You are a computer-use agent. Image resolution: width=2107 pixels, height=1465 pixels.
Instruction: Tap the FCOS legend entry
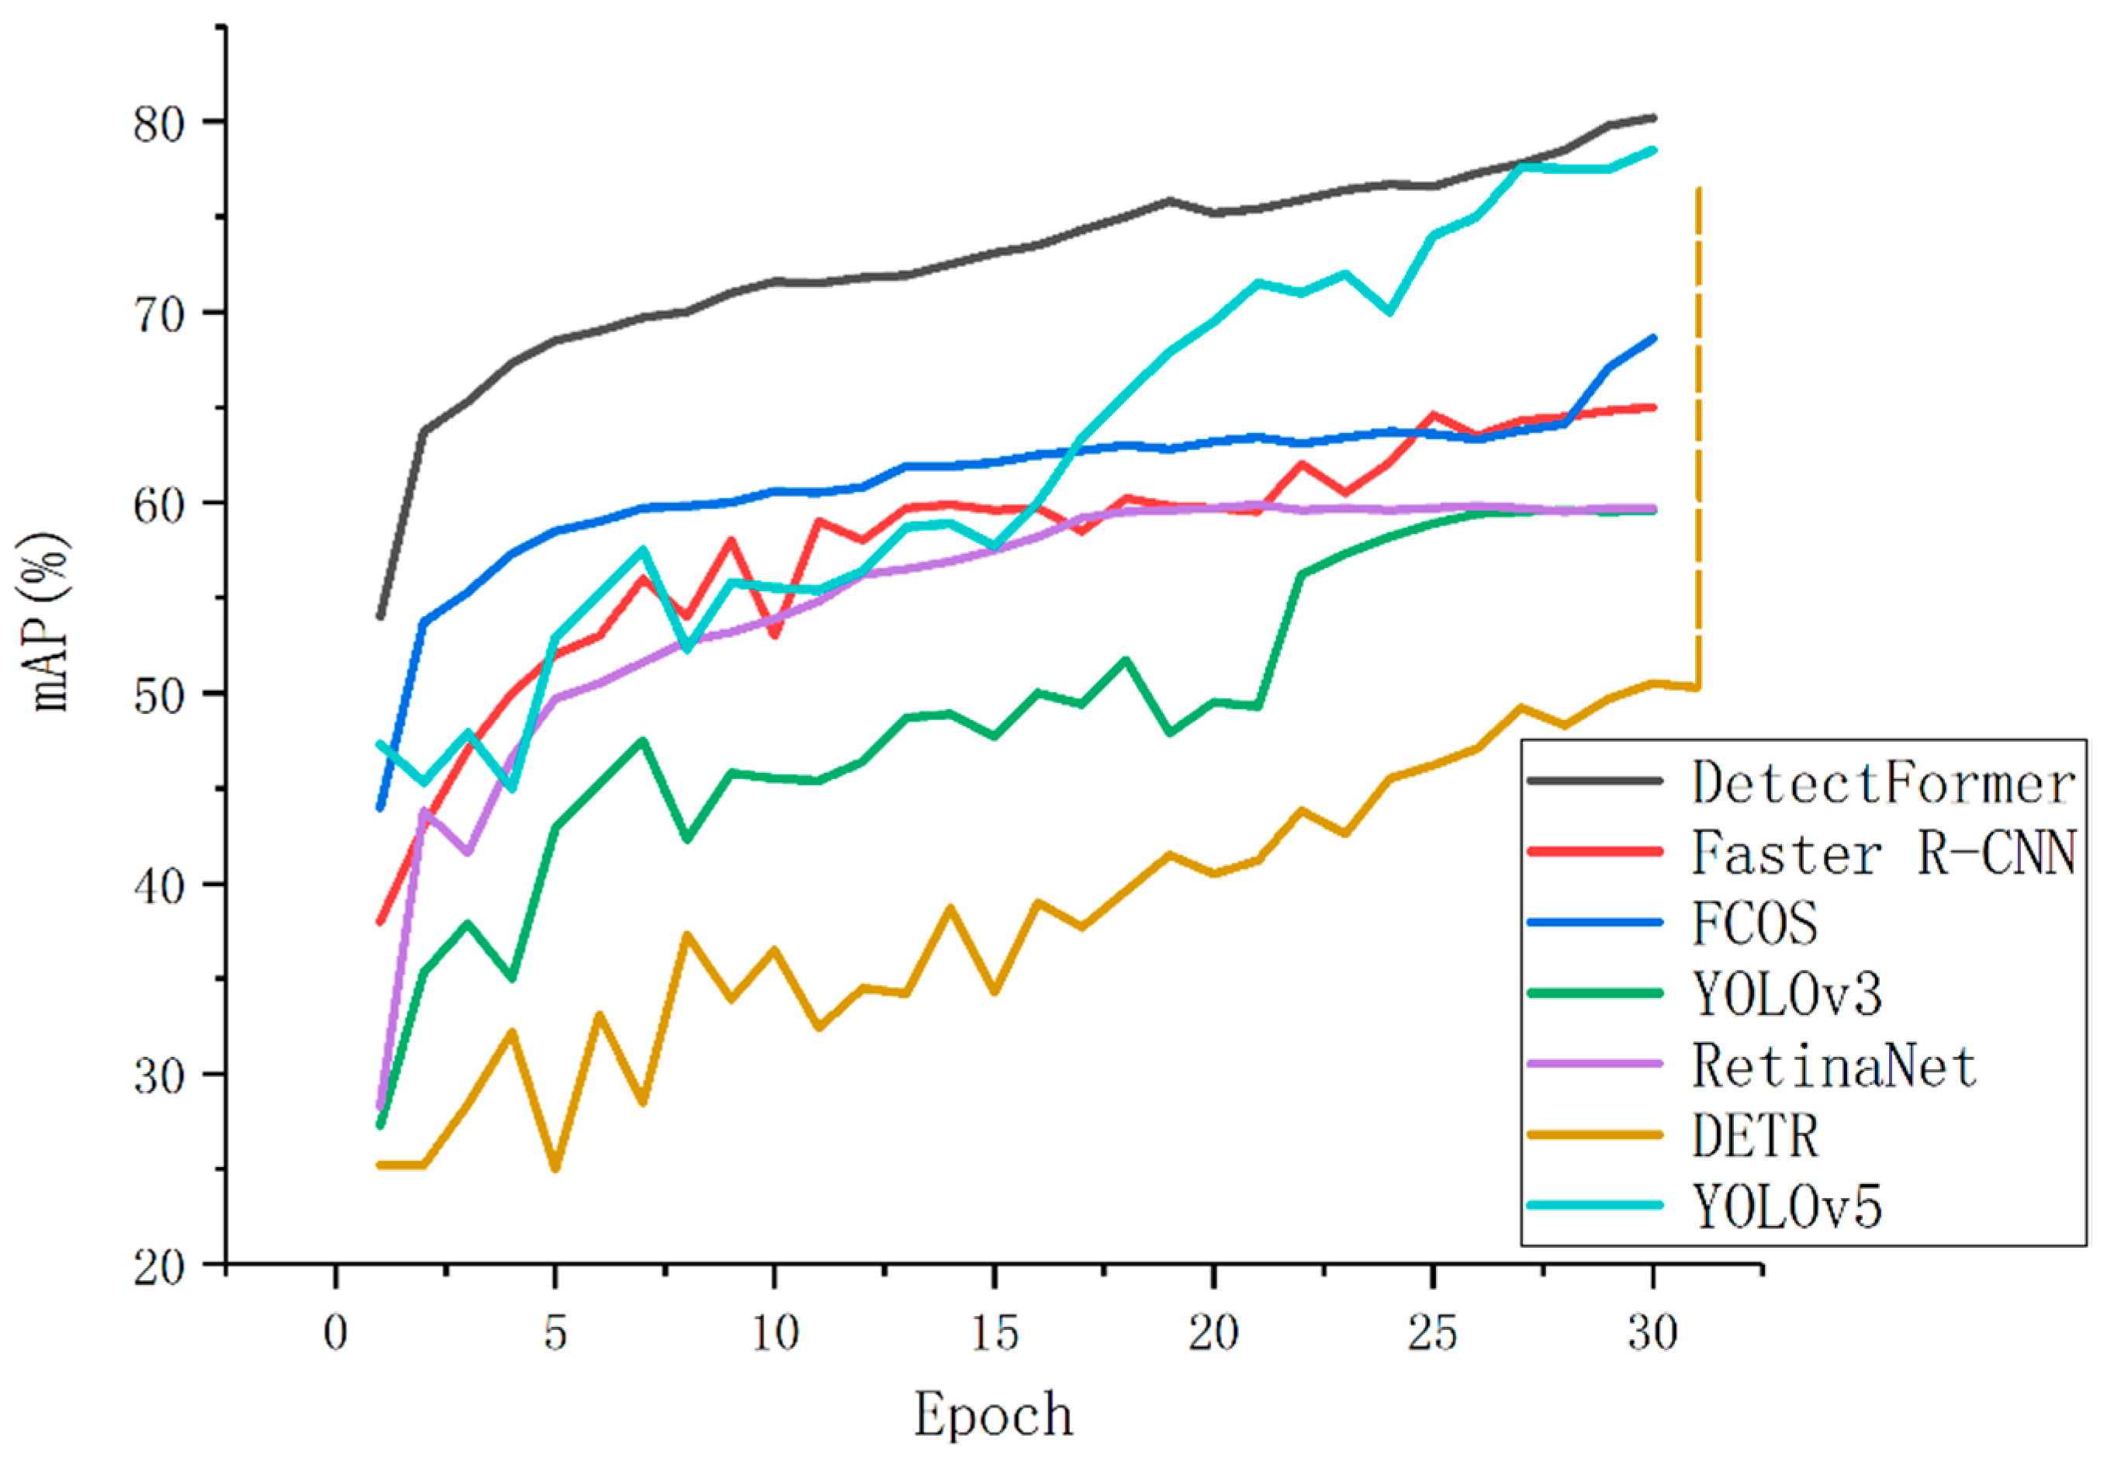point(1755,923)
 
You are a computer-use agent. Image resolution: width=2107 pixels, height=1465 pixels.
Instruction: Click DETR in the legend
point(1755,1137)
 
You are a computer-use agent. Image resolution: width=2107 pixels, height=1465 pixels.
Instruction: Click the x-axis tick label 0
point(336,1333)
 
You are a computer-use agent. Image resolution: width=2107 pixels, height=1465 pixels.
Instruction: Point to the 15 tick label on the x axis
point(995,1333)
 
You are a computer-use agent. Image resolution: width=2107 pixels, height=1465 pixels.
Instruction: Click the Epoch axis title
point(994,1415)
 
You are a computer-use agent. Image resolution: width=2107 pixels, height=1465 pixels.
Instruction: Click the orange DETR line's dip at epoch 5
point(555,1169)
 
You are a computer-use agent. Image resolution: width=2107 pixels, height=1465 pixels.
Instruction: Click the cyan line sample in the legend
point(1595,1205)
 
